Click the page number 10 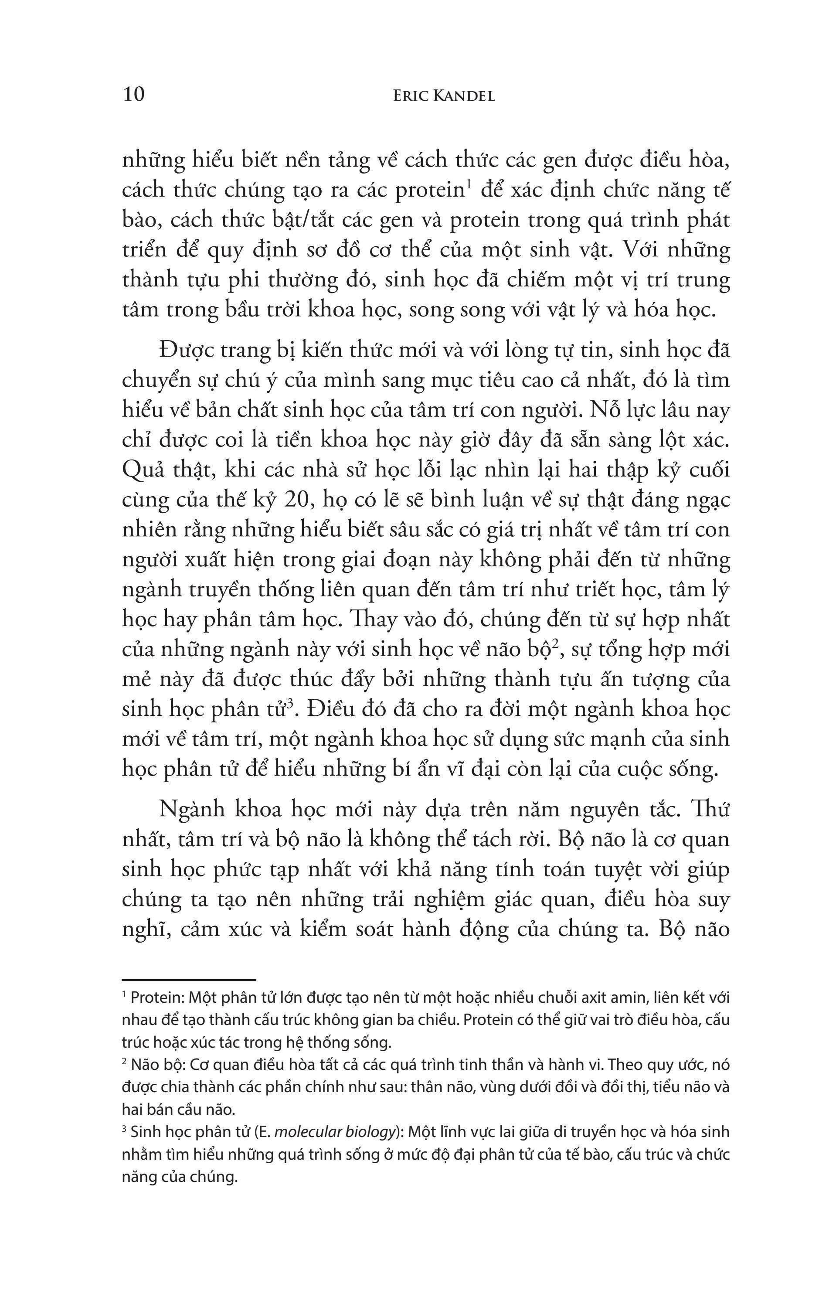coord(133,95)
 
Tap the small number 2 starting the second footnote coord(124,1062)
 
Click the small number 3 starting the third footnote coord(124,1129)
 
